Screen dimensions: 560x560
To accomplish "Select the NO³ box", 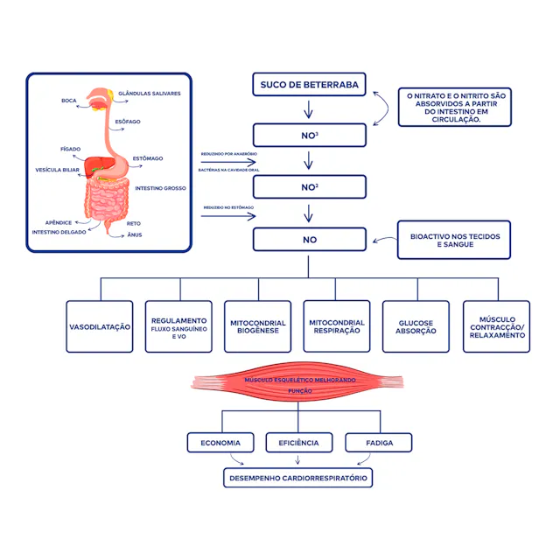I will click(x=309, y=136).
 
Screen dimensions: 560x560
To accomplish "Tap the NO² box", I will click(x=309, y=187).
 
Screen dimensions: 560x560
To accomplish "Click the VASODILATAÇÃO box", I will click(x=100, y=326).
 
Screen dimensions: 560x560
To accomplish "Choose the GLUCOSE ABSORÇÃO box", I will click(x=416, y=326).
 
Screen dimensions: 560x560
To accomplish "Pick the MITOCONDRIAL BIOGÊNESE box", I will click(x=258, y=326).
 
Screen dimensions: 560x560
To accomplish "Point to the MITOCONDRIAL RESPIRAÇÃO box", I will click(x=337, y=326).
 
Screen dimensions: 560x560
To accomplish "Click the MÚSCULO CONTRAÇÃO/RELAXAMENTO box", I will click(x=496, y=326).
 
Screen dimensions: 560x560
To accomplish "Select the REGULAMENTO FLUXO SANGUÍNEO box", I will click(x=178, y=326).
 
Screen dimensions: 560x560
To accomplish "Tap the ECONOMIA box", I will click(x=220, y=443).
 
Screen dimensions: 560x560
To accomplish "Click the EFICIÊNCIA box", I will click(x=298, y=443).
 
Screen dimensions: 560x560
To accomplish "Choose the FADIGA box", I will click(x=378, y=443).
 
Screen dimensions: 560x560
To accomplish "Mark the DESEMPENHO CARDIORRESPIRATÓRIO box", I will click(x=298, y=479).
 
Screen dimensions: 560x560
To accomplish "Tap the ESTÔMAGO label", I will click(x=148, y=158).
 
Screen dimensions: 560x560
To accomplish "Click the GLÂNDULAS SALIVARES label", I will click(x=150, y=93).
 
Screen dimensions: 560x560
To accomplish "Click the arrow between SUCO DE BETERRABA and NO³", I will click(x=309, y=110).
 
